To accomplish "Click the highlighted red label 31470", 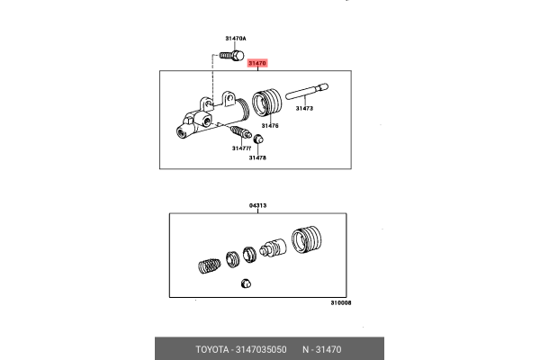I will pos(257,63).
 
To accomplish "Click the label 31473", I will pos(303,108).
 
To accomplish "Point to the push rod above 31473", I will pos(307,90).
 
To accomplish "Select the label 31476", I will pos(269,125).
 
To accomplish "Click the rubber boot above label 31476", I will pos(267,103).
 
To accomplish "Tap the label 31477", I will pos(240,148).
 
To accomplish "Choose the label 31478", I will pos(258,157).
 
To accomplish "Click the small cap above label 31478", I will pos(258,139).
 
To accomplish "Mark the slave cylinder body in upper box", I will pos(209,115).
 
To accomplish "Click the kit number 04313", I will pos(258,206).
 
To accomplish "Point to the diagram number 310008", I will pos(340,303).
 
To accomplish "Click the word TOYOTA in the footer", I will pos(214,348).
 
